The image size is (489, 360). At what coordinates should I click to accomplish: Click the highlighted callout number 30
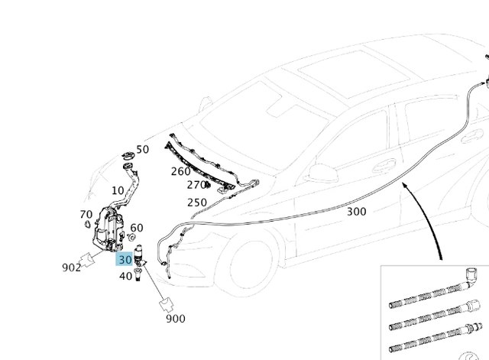click(125, 260)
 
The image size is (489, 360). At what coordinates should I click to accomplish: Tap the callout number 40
click(125, 276)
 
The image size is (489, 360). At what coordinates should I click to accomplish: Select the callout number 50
click(143, 150)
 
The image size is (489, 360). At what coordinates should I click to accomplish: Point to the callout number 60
click(137, 228)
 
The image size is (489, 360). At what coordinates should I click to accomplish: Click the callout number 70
click(86, 214)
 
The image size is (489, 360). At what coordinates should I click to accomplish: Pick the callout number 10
click(118, 190)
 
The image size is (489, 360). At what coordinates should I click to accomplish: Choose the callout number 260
click(181, 171)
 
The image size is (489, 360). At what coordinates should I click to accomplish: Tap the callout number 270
click(196, 185)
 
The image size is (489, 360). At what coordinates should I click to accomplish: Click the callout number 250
click(197, 203)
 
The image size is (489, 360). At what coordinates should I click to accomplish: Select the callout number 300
click(357, 212)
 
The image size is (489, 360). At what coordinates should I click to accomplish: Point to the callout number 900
click(176, 319)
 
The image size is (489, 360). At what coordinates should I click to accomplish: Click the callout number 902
click(71, 268)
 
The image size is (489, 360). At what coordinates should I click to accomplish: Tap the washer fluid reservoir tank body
click(108, 229)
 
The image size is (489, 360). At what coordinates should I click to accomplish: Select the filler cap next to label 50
click(128, 155)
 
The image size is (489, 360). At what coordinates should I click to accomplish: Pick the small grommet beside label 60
click(131, 238)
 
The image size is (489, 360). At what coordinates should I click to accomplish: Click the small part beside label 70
click(88, 224)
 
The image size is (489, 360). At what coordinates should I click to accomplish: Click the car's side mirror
click(323, 174)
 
